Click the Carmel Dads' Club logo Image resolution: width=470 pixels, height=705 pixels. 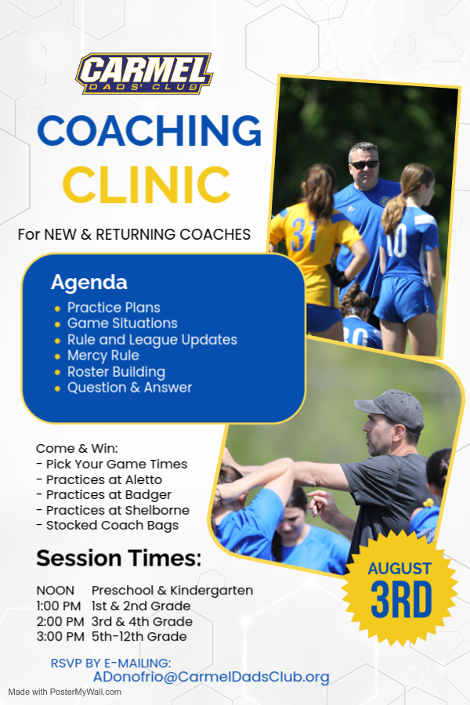coord(144,74)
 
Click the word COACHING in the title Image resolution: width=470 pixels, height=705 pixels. coord(150,131)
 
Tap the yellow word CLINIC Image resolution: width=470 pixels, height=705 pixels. coord(146,184)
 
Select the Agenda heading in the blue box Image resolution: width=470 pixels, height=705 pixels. coord(89,283)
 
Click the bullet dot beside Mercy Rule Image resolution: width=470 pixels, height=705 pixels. coord(57,356)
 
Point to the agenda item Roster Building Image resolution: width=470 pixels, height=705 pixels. coord(116,372)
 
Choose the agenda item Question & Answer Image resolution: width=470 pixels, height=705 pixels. coord(129,388)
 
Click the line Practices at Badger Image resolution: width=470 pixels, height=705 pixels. coord(103,494)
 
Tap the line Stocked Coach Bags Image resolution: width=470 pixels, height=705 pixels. coord(107,525)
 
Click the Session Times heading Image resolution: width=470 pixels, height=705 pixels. coord(119,558)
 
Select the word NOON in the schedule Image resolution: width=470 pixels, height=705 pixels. coord(56,591)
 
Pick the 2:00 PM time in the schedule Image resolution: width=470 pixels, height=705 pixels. coord(60,621)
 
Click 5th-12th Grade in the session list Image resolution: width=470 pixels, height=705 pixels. coord(139,637)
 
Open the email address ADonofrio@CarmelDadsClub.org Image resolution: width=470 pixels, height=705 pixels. coord(211,677)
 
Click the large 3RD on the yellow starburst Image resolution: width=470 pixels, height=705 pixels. coord(401,601)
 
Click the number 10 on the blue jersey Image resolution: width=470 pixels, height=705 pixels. coord(396,240)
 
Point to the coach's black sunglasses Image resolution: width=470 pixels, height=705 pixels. coord(364,164)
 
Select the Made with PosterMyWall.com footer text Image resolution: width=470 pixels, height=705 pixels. coord(65,692)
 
